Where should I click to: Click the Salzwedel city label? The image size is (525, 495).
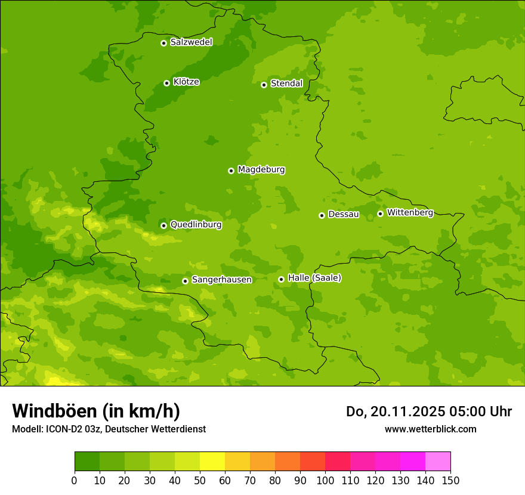(x=191, y=42)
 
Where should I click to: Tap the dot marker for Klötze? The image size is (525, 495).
(x=166, y=83)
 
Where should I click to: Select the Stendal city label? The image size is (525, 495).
(x=286, y=83)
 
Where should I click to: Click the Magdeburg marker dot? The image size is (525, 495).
(x=231, y=171)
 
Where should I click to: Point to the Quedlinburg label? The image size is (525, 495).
(x=196, y=225)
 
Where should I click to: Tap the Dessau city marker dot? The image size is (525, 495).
(x=322, y=215)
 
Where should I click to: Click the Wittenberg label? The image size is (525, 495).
(x=410, y=212)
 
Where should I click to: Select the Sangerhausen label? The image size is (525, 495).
(x=221, y=280)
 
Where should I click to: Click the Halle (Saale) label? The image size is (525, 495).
(x=314, y=278)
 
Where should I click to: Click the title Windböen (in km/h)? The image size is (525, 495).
(x=96, y=411)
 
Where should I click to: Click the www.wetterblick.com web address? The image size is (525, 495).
(x=430, y=429)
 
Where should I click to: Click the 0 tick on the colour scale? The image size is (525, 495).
(x=75, y=480)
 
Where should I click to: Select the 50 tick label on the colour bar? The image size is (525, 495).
(x=200, y=480)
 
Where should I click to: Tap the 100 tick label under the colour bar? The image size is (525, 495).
(x=325, y=480)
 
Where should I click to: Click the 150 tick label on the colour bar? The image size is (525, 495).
(x=450, y=480)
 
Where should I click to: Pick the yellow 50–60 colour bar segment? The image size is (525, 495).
(x=212, y=462)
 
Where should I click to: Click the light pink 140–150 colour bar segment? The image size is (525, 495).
(x=438, y=462)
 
